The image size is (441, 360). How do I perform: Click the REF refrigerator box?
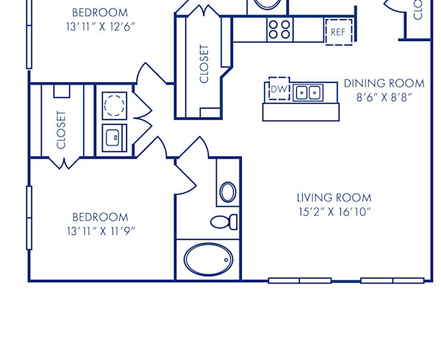click(338, 32)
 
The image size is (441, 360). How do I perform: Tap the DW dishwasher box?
click(278, 89)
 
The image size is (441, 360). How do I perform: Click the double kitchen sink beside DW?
click(308, 93)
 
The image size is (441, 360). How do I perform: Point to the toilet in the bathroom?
click(223, 221)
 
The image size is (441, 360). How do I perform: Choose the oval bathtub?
click(208, 260)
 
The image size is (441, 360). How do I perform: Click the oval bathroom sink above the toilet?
click(228, 192)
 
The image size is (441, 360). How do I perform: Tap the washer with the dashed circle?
click(113, 105)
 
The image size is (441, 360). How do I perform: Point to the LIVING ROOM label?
click(334, 198)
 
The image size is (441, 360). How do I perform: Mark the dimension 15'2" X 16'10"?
click(334, 212)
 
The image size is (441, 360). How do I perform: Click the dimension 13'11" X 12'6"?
click(99, 26)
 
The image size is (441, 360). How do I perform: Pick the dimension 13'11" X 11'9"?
click(99, 231)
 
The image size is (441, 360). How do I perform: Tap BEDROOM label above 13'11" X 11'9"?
click(99, 217)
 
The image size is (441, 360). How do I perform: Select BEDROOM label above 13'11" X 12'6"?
click(99, 12)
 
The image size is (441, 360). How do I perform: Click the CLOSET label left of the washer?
click(60, 130)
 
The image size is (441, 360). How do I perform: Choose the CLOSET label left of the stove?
click(204, 64)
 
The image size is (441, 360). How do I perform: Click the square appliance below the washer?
click(113, 138)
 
